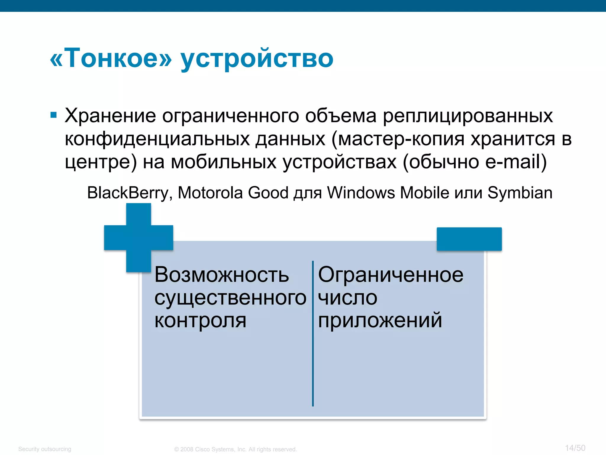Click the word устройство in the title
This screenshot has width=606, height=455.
(257, 59)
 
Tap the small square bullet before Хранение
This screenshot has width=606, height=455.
(54, 115)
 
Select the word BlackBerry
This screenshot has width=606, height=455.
(128, 193)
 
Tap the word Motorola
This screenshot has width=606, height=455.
(210, 193)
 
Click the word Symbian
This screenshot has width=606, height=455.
(520, 193)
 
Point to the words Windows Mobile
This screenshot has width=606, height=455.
(388, 193)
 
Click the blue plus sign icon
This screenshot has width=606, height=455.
(138, 238)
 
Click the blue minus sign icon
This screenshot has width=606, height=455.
(469, 239)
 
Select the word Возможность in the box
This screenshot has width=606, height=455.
(221, 275)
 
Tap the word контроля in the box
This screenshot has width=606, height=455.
(200, 321)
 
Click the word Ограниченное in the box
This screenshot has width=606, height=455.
(391, 275)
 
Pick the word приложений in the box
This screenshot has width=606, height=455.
(380, 321)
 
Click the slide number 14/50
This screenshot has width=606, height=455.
(575, 448)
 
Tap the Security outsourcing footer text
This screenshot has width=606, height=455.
(45, 449)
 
